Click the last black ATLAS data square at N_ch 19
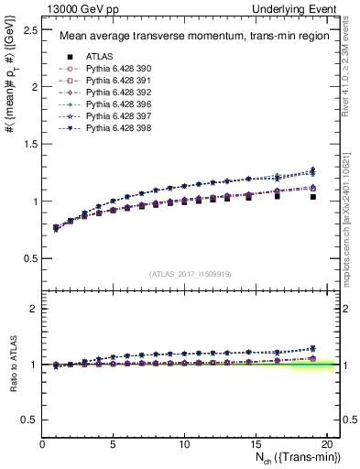tap(313, 197)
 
